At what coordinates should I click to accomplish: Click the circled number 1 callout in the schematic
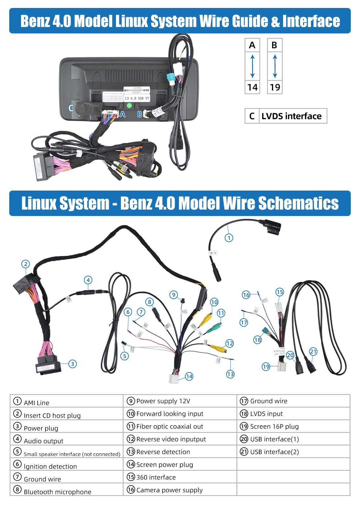[229, 238]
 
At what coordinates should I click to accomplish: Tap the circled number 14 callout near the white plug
[189, 376]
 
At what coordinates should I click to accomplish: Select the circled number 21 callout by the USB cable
[313, 351]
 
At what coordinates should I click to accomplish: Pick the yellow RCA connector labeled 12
[218, 348]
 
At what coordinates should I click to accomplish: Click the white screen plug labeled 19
[282, 367]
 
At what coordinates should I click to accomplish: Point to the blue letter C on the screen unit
[71, 108]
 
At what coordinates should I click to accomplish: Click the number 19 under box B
[275, 87]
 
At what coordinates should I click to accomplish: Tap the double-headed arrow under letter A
[252, 66]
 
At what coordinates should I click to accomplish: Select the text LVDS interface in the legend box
[291, 116]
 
